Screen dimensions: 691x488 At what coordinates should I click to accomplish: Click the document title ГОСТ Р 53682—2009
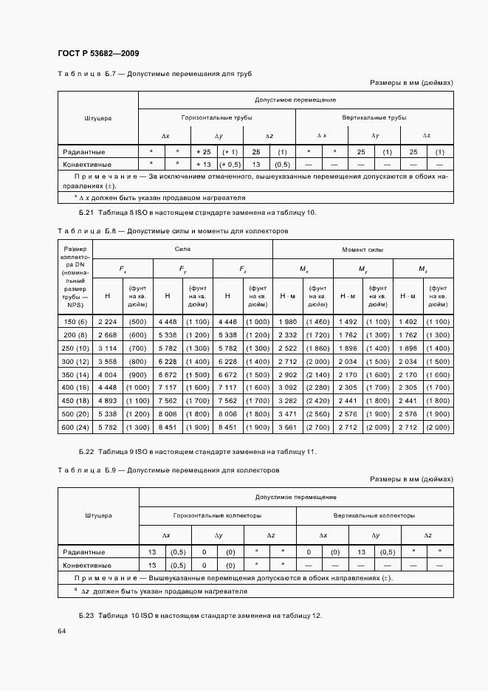point(98,53)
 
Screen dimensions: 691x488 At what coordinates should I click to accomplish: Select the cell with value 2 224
point(107,322)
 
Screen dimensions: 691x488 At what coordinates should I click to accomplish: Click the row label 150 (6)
point(76,322)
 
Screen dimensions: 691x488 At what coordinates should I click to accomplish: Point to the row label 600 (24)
point(76,427)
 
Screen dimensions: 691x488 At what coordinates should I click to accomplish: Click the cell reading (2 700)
point(317,427)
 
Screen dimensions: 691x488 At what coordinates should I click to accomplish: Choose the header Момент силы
point(362,250)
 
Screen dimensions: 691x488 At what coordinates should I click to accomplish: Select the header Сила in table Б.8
point(182,250)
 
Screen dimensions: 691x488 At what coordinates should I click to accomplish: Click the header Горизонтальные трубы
point(217,117)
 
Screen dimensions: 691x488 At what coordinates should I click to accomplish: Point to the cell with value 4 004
point(107,374)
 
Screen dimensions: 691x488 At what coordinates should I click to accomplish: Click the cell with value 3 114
point(107,348)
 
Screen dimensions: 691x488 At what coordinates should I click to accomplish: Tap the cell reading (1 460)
point(317,322)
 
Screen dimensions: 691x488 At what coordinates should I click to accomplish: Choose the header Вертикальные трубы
point(374,117)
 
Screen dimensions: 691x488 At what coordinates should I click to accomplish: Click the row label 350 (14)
point(76,374)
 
